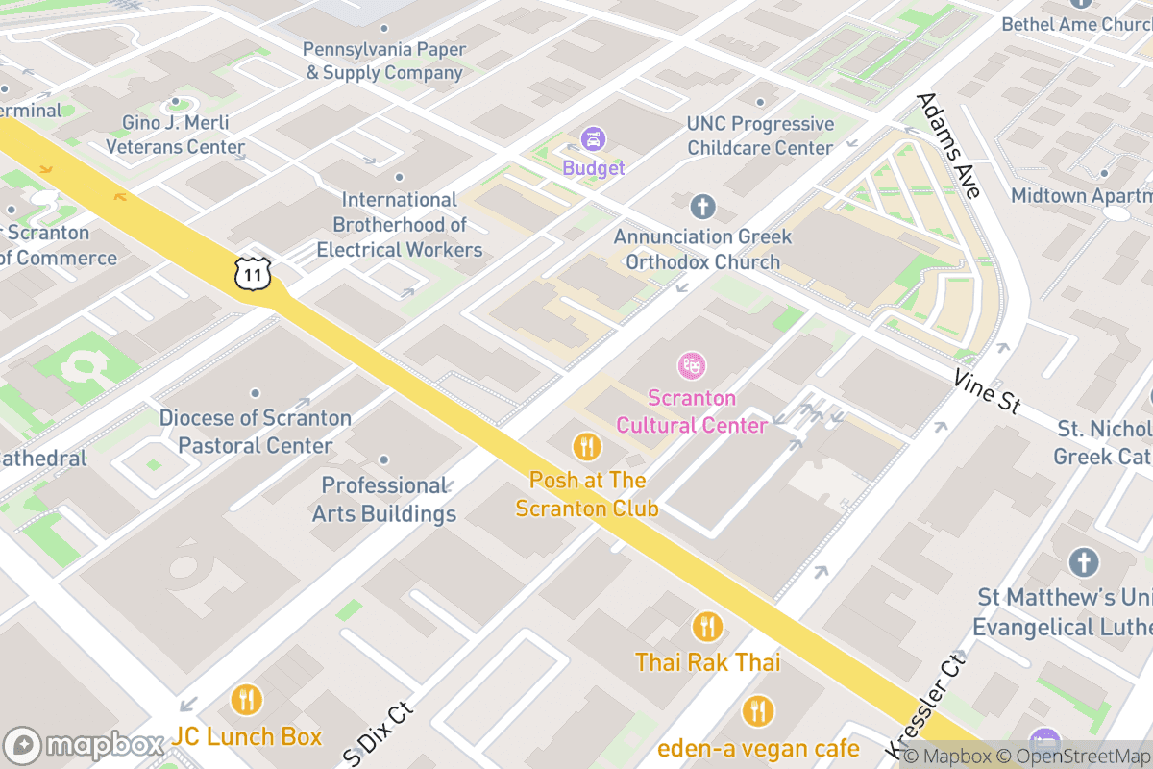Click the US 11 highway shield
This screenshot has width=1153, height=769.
(253, 273)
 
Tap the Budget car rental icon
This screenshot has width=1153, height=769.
(594, 140)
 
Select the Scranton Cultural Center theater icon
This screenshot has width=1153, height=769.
(691, 365)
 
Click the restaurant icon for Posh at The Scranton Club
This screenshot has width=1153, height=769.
(587, 446)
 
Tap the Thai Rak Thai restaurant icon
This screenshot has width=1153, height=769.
(707, 627)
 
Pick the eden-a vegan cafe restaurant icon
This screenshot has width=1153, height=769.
(758, 711)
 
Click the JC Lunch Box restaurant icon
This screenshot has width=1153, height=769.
(247, 699)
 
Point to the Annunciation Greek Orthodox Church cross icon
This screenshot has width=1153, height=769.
(703, 206)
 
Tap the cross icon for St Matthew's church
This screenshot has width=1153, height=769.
(1084, 562)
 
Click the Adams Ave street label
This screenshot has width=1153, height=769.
(947, 146)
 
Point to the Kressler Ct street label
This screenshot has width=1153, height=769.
(924, 703)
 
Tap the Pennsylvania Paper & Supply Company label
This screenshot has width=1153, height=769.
(384, 61)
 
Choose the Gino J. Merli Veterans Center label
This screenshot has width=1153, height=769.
(175, 136)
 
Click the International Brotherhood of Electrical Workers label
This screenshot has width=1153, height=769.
(400, 225)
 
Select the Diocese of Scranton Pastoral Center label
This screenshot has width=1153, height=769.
(256, 432)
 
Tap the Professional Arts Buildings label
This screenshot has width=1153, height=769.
(384, 500)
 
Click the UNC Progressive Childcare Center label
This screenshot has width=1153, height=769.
(760, 136)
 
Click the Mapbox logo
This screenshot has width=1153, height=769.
(86, 745)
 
